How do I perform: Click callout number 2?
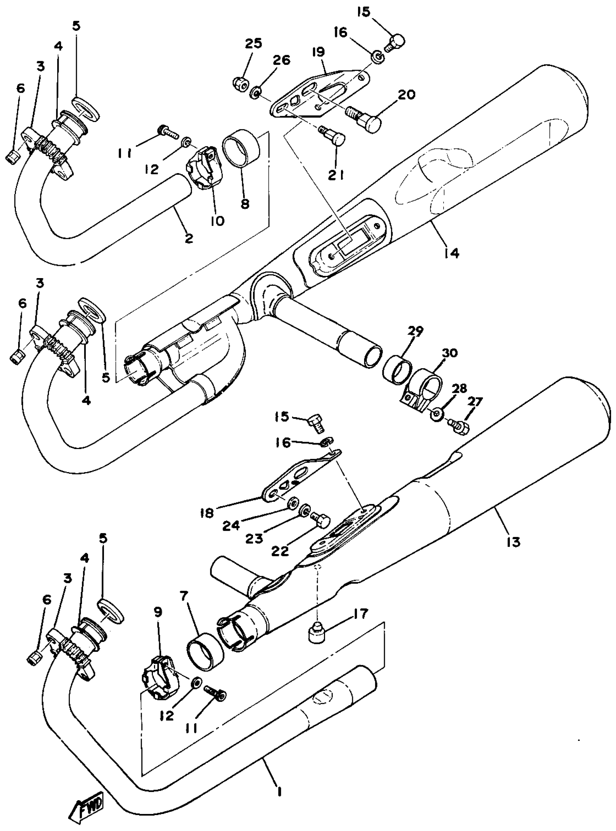[x=189, y=238]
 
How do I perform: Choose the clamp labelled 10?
[x=203, y=168]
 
